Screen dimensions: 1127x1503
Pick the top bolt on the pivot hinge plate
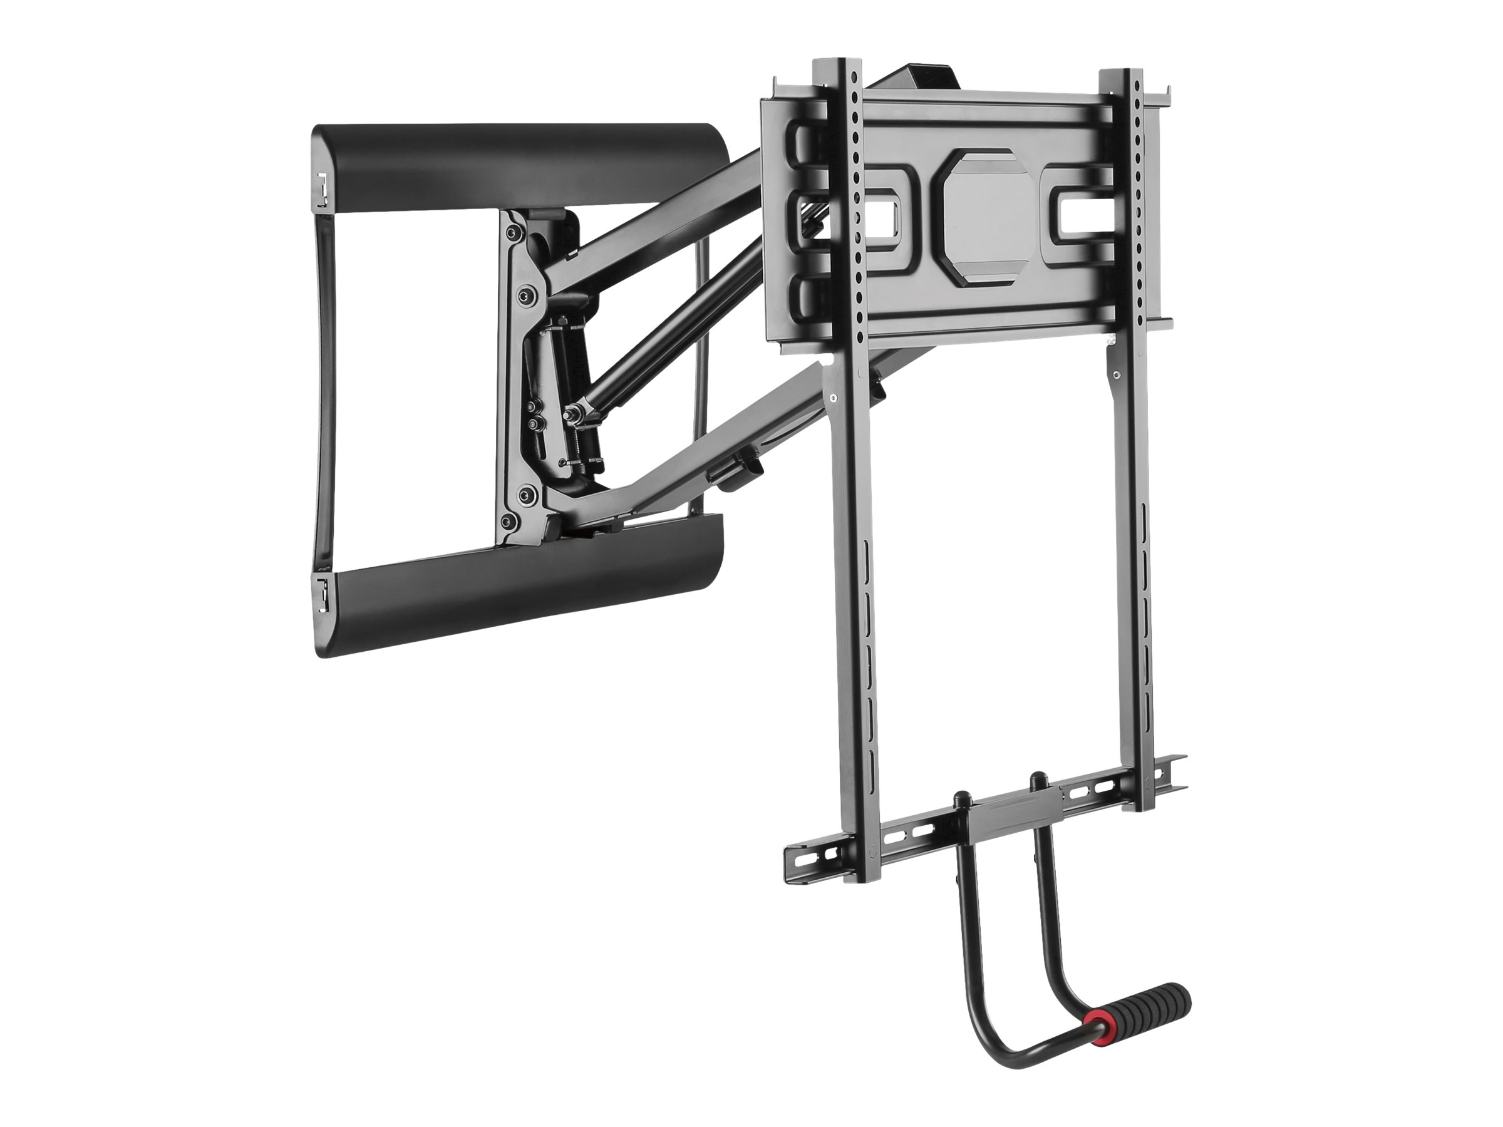(512, 233)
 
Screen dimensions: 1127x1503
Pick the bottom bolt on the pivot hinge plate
(506, 521)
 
